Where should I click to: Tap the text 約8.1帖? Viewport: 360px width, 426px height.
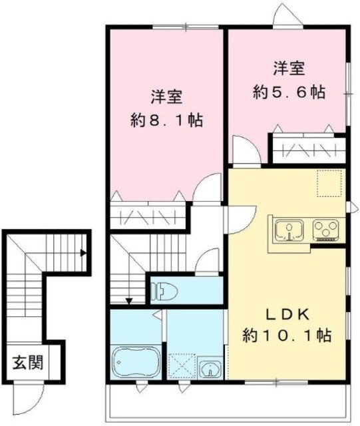tap(166, 121)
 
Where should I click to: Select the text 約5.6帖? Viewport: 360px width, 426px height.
tap(289, 93)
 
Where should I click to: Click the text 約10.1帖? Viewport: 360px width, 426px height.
tap(288, 335)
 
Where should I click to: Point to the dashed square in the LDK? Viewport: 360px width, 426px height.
tap(329, 184)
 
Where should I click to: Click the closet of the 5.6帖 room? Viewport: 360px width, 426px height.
tap(306, 148)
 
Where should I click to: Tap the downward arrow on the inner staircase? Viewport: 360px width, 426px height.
tap(130, 300)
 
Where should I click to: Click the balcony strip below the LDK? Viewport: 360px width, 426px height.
tap(226, 402)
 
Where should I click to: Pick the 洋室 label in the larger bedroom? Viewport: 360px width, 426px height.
tap(167, 97)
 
